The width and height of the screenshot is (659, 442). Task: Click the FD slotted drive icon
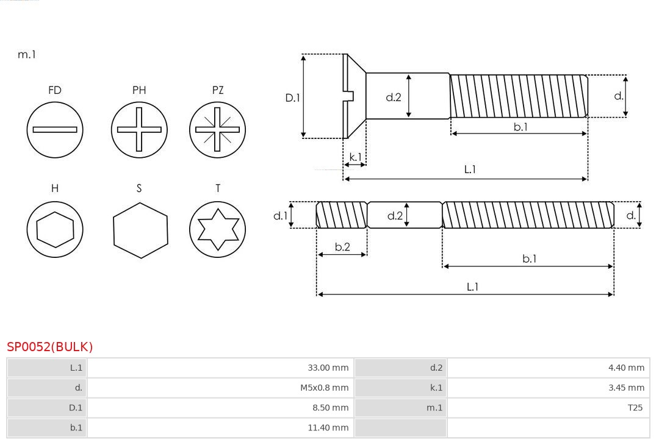coord(55,129)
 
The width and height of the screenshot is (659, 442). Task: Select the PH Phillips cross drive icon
coord(139,129)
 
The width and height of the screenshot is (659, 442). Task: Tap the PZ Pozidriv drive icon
coord(217,129)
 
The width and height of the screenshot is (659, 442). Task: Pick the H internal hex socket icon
coord(55,229)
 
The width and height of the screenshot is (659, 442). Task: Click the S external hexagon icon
coord(140,230)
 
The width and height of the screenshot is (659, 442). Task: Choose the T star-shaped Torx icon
coord(217,229)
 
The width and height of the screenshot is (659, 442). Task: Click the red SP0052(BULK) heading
coord(50,347)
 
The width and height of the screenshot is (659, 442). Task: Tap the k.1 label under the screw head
coord(355,157)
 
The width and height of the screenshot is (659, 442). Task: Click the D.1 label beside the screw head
coord(293,97)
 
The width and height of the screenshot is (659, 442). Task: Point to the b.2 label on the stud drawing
coord(342,247)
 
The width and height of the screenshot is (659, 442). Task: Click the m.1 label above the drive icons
coord(26,54)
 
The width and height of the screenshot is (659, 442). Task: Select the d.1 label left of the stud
coord(279,215)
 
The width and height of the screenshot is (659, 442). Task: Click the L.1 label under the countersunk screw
coord(469,169)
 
